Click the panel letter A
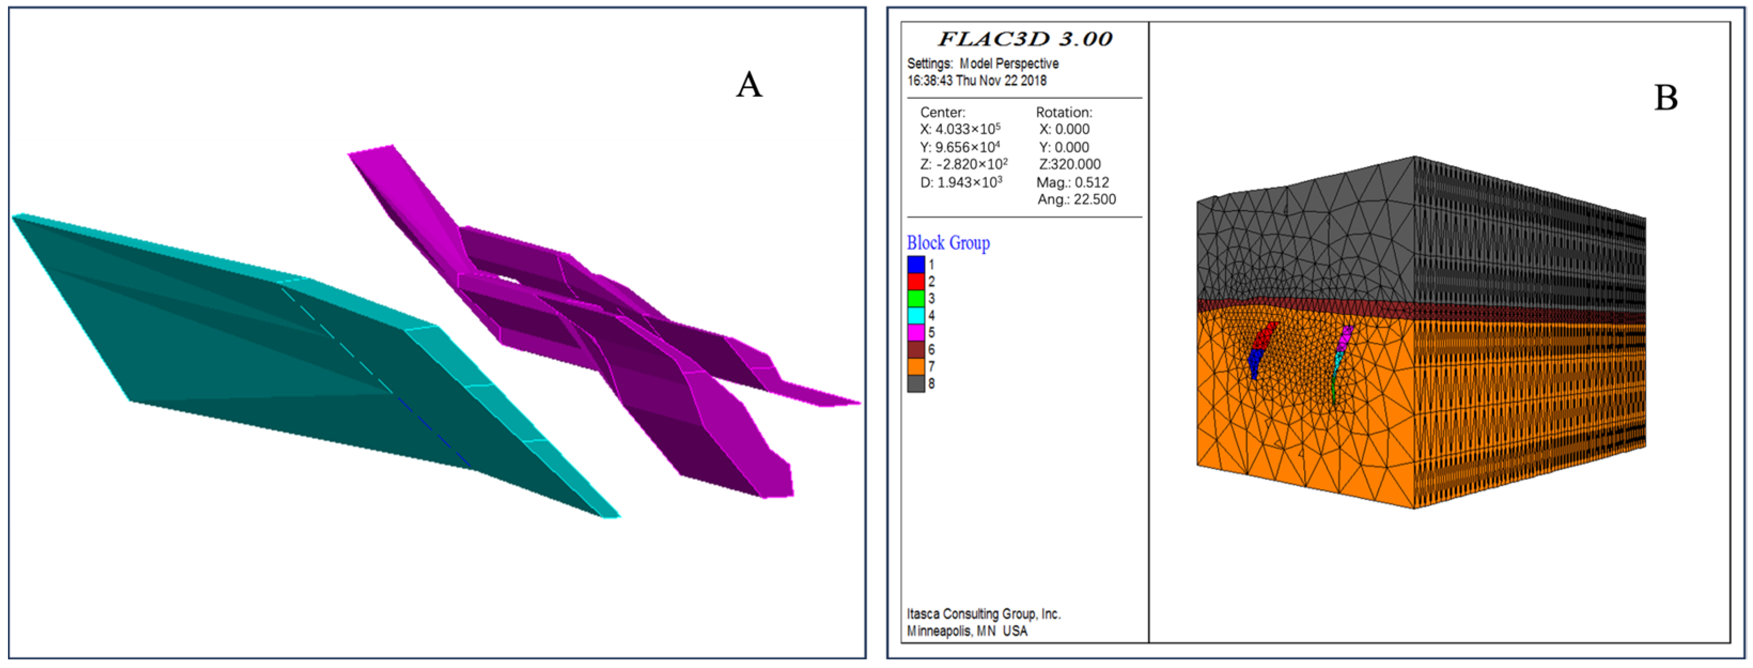click(x=749, y=85)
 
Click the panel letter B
click(x=1666, y=97)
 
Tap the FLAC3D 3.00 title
click(x=1025, y=39)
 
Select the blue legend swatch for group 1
click(x=916, y=264)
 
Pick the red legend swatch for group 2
click(x=916, y=281)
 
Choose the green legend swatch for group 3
click(x=916, y=298)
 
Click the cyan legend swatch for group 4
click(x=916, y=315)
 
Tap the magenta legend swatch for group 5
click(x=916, y=332)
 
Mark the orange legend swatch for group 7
click(x=916, y=367)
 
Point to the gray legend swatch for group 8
click(x=916, y=383)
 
